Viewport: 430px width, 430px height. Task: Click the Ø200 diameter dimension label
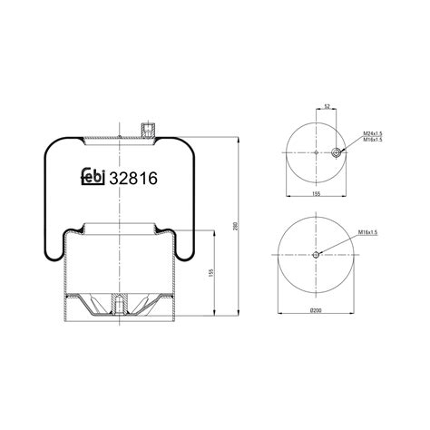316,311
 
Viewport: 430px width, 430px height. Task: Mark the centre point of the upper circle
315,153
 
